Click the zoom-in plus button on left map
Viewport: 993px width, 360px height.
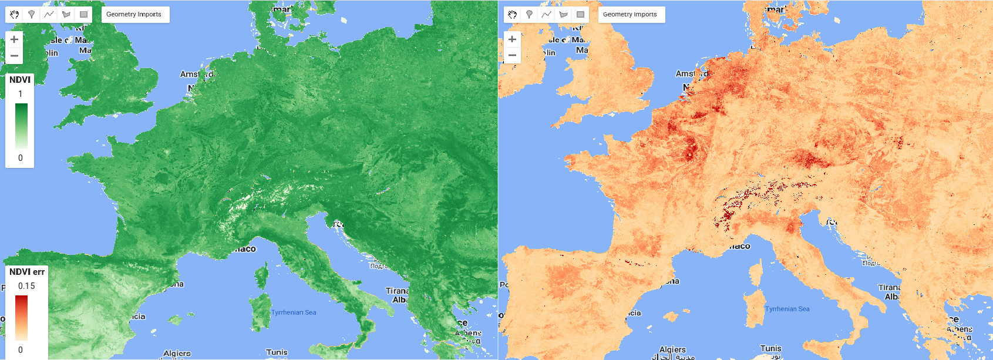click(14, 39)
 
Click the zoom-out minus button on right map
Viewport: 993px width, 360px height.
click(512, 56)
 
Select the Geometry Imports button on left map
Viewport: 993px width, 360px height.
click(134, 15)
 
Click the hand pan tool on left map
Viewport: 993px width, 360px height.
click(14, 15)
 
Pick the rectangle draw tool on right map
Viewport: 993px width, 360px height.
click(580, 15)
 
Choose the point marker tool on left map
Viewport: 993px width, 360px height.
click(32, 15)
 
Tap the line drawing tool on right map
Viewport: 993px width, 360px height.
click(546, 15)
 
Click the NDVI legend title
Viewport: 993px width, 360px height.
click(20, 80)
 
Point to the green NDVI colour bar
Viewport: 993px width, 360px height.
click(21, 126)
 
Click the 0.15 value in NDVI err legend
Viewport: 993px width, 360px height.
click(26, 286)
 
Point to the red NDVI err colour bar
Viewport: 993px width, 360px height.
click(21, 317)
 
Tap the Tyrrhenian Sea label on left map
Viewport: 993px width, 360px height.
click(294, 312)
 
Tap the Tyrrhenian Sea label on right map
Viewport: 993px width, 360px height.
click(787, 309)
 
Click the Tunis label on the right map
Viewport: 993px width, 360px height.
click(770, 348)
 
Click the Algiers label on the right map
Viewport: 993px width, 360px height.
click(672, 349)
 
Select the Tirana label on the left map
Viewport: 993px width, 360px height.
click(397, 291)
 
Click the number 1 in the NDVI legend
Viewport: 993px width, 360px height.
click(21, 94)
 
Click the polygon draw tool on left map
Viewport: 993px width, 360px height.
click(66, 15)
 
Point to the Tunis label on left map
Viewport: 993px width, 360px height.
click(277, 352)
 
